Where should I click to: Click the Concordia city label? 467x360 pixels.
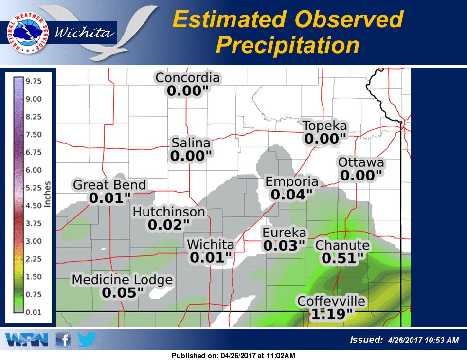[x=187, y=78]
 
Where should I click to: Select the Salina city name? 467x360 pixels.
[x=191, y=144]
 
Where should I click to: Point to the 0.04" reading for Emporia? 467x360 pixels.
[x=291, y=195]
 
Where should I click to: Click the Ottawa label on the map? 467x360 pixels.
[x=361, y=162]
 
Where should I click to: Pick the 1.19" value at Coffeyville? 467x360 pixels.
[x=331, y=314]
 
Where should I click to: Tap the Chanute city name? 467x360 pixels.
[x=342, y=246]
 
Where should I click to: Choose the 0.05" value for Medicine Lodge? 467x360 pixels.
[x=123, y=292]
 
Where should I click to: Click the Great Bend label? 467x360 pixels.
[x=109, y=185]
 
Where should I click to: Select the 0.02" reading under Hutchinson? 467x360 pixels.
[x=169, y=225]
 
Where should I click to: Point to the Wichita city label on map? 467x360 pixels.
[x=211, y=244]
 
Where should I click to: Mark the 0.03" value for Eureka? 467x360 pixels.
[x=284, y=246]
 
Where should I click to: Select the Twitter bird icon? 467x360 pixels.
[x=87, y=339]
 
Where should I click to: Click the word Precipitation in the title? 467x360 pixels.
[x=287, y=45]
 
